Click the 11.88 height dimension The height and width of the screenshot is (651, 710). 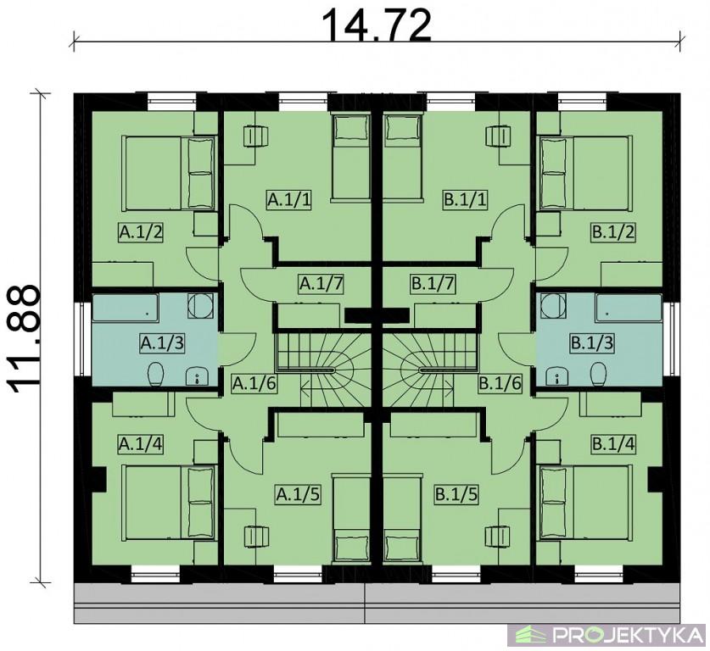click(x=23, y=339)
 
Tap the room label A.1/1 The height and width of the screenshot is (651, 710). click(x=289, y=199)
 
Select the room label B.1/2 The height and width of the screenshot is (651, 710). click(x=613, y=232)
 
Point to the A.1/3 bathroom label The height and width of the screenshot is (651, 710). click(x=162, y=343)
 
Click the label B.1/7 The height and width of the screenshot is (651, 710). click(x=433, y=284)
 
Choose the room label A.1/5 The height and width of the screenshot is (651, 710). click(x=298, y=494)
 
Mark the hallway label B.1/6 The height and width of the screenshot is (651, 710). click(x=500, y=385)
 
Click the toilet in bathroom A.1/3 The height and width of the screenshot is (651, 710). click(x=155, y=374)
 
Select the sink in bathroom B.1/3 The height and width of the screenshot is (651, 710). click(x=556, y=376)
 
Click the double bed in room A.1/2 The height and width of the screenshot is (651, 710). click(x=168, y=173)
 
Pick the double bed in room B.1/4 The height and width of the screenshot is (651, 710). click(x=585, y=503)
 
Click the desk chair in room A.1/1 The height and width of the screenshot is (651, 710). click(x=256, y=136)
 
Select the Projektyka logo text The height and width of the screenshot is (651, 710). click(x=627, y=635)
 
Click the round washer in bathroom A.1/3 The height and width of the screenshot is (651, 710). click(x=200, y=306)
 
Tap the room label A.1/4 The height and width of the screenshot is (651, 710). click(x=140, y=444)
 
